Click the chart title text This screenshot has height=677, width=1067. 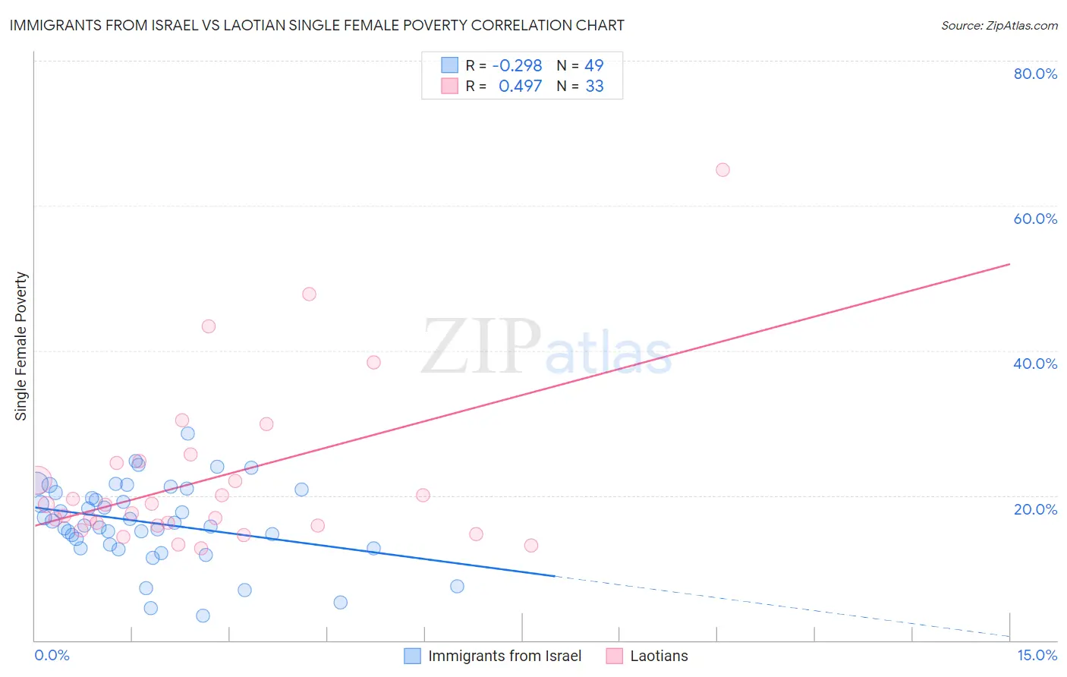[x=316, y=25]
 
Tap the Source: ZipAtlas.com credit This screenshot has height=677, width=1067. [x=999, y=26]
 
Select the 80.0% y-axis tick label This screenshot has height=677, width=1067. [x=1035, y=74]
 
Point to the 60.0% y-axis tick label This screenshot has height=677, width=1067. [x=1035, y=219]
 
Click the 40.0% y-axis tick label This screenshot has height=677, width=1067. [x=1035, y=364]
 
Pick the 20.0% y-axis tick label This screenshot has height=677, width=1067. [x=1035, y=509]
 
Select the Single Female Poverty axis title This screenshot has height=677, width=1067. [x=21, y=346]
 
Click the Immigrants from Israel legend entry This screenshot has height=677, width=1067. [x=504, y=656]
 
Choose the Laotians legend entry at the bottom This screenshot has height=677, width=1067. [x=659, y=656]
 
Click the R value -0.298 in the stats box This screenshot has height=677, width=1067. [x=517, y=66]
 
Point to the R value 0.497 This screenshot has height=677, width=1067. [x=520, y=87]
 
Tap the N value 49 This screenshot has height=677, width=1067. [x=594, y=66]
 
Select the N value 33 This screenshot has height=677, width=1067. [x=594, y=87]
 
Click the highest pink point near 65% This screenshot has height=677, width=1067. [x=722, y=170]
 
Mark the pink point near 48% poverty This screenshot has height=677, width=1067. [x=309, y=294]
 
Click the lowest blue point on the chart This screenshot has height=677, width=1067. [x=203, y=616]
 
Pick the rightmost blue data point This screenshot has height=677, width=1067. [x=457, y=586]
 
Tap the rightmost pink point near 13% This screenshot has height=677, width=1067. [x=531, y=545]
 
